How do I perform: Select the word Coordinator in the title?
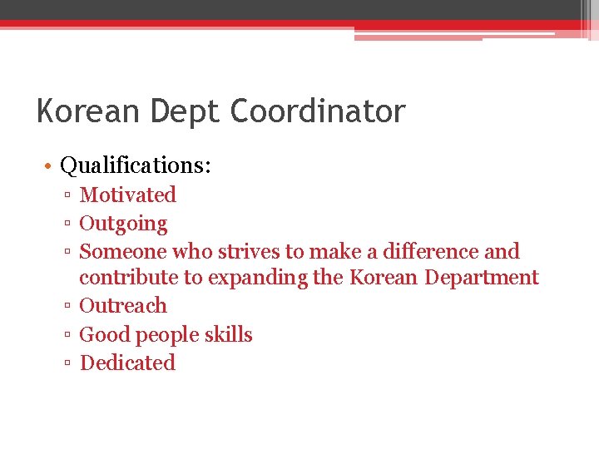coord(319,111)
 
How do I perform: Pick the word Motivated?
coord(128,195)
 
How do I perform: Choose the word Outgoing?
coord(123,224)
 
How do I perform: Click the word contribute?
coord(129,277)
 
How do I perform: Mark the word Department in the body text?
coord(482,277)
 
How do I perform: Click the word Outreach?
coord(123,305)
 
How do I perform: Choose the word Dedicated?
coord(127,363)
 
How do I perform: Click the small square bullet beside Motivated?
coord(68,196)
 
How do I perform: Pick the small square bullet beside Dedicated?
coord(68,364)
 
